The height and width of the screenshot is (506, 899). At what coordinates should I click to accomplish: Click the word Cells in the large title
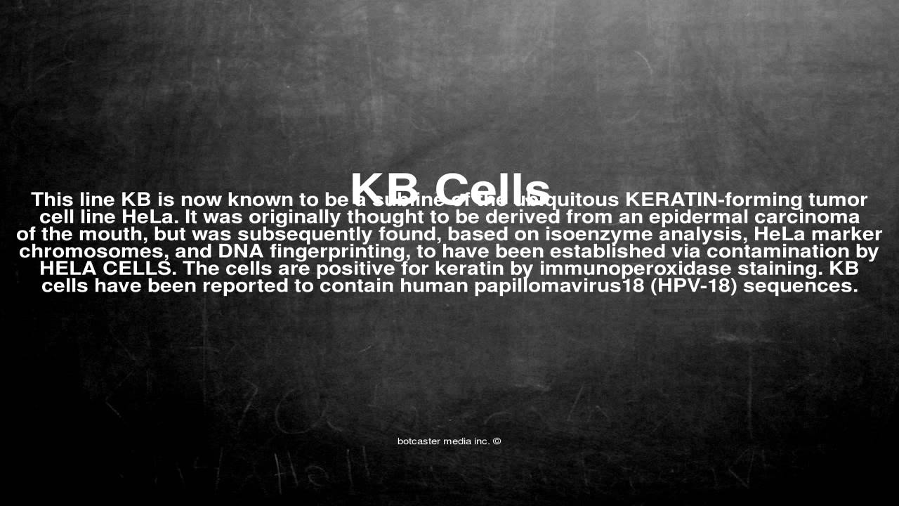[x=492, y=188]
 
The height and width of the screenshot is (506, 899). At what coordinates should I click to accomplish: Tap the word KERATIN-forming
[x=714, y=200]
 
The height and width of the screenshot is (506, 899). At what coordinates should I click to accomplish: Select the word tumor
[x=841, y=200]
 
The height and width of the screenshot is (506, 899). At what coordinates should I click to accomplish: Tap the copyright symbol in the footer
[x=497, y=441]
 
